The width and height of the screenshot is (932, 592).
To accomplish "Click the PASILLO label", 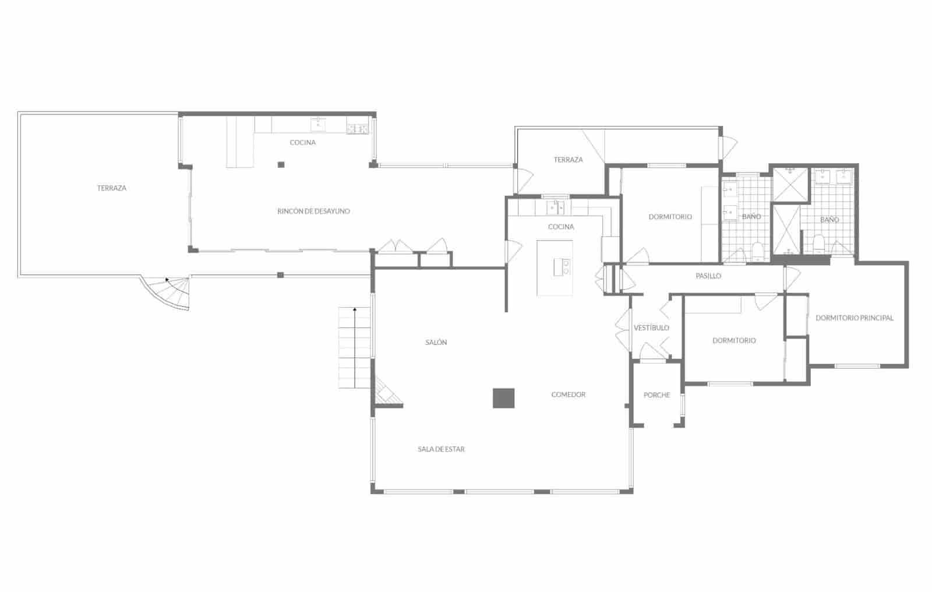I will [x=708, y=276].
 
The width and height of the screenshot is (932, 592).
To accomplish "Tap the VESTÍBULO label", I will [x=651, y=328].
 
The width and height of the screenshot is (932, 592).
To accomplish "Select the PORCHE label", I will [x=656, y=395].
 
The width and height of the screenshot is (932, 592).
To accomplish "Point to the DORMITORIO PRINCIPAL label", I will [x=854, y=318].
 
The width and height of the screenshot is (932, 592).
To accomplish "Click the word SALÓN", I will [x=436, y=343].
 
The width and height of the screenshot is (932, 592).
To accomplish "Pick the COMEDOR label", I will [x=568, y=394].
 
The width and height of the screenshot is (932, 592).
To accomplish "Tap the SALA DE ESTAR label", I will [x=441, y=449].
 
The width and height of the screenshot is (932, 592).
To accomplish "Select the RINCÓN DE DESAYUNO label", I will [x=313, y=212].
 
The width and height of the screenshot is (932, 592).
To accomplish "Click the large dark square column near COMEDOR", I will [x=503, y=398].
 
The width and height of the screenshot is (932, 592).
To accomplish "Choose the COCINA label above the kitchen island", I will [x=561, y=227].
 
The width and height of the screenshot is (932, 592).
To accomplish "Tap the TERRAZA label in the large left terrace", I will [x=112, y=188].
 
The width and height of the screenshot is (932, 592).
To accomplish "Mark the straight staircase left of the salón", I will [x=354, y=348].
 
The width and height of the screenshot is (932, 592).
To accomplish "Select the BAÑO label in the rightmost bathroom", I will [x=829, y=220].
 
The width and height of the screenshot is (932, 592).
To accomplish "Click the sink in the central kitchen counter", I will [x=555, y=207].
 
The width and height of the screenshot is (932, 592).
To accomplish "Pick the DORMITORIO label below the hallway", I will [x=734, y=341].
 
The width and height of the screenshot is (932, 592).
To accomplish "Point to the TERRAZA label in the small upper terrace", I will [x=568, y=160].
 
